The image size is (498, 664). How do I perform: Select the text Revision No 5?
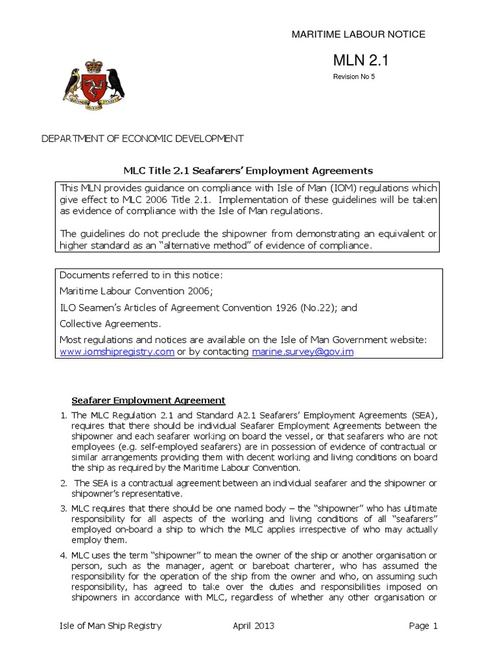[354, 77]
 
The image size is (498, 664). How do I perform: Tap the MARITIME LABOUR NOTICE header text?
[358, 34]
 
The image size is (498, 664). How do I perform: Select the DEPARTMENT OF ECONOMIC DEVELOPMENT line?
[143, 139]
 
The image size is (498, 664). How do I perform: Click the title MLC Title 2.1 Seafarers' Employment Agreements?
[248, 171]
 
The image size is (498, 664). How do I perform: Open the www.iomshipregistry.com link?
[117, 351]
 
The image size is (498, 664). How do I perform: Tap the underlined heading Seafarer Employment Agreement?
[147, 400]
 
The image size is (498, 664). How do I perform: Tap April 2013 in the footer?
[253, 626]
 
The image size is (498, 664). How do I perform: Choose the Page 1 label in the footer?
[423, 626]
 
